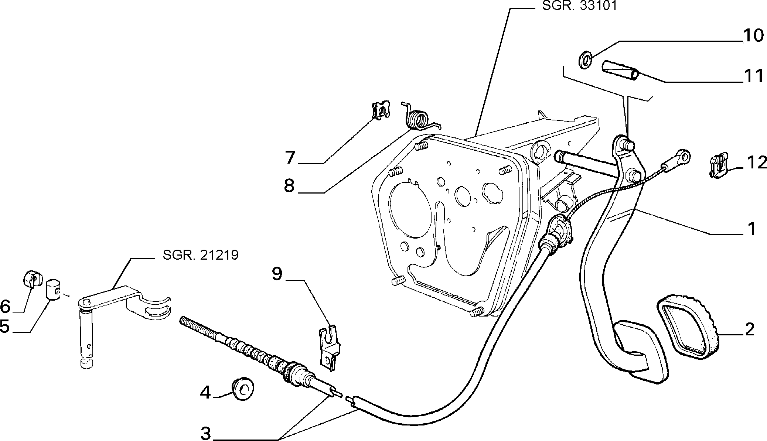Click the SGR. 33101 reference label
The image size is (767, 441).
[x=579, y=6]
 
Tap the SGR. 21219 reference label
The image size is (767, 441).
[x=200, y=255]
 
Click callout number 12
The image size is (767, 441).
[x=752, y=163]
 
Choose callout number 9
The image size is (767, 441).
[x=277, y=274]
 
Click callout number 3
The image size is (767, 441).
[x=206, y=433]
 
